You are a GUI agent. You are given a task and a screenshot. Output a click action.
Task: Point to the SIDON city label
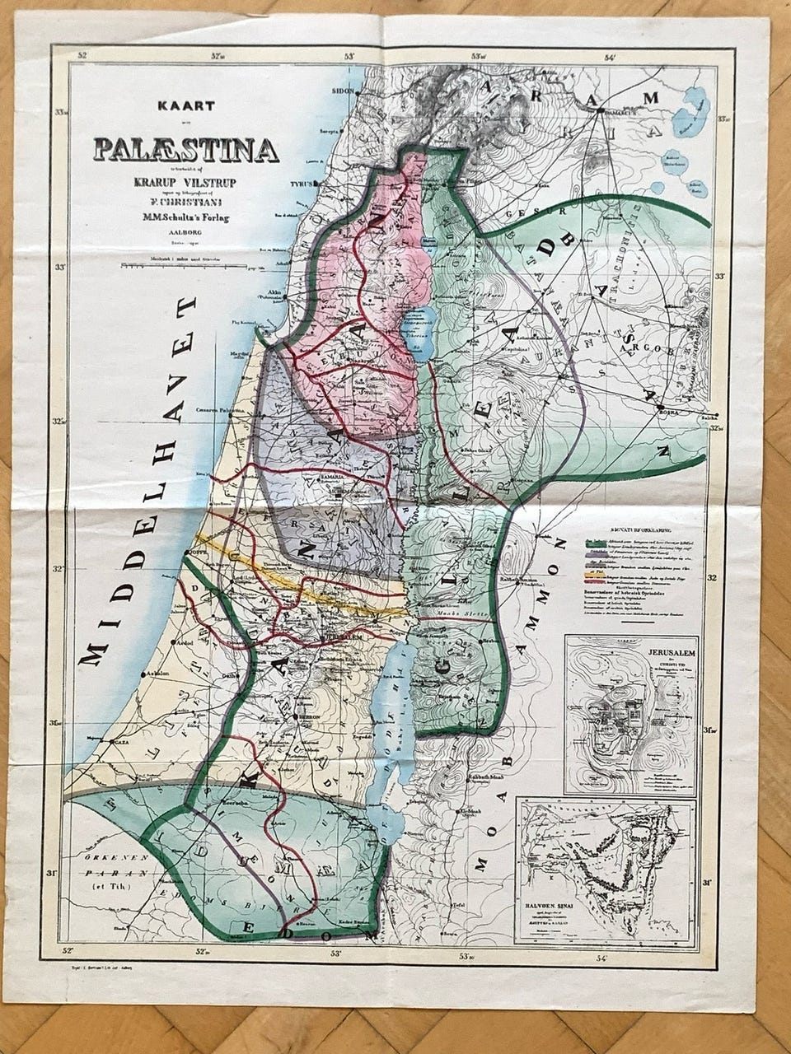(x=342, y=91)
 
